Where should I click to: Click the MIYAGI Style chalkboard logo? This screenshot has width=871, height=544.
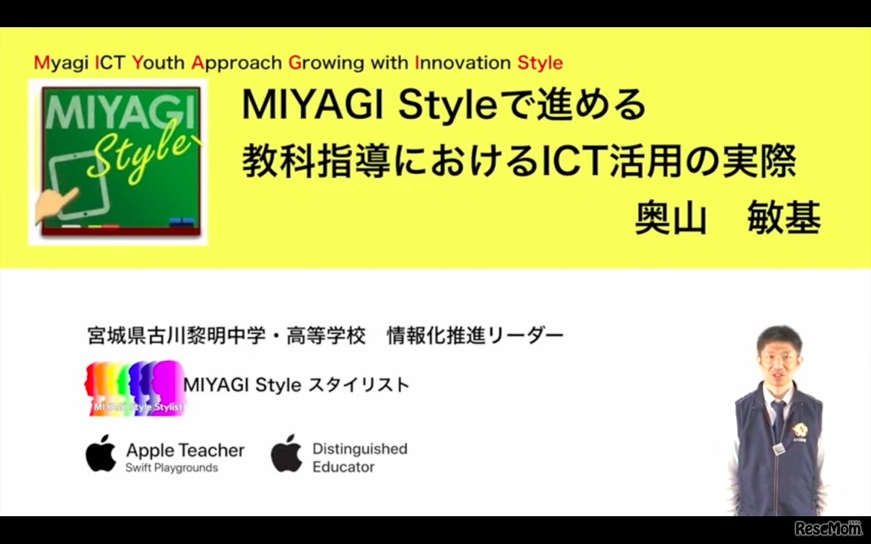(118, 162)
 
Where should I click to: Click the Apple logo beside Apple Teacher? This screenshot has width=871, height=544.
(101, 453)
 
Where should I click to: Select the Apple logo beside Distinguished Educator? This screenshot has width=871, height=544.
(286, 453)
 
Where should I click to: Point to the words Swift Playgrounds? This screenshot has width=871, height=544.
(171, 468)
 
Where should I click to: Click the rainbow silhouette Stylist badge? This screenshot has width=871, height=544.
(135, 388)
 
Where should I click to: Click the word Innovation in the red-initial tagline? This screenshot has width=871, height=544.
(463, 63)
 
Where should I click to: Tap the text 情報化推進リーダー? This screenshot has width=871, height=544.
(475, 335)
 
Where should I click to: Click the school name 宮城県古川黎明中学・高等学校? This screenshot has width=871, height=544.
(227, 335)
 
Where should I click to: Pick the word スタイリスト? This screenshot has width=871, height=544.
(359, 385)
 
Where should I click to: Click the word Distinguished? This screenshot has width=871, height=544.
(359, 449)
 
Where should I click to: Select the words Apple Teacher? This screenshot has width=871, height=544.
(185, 450)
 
